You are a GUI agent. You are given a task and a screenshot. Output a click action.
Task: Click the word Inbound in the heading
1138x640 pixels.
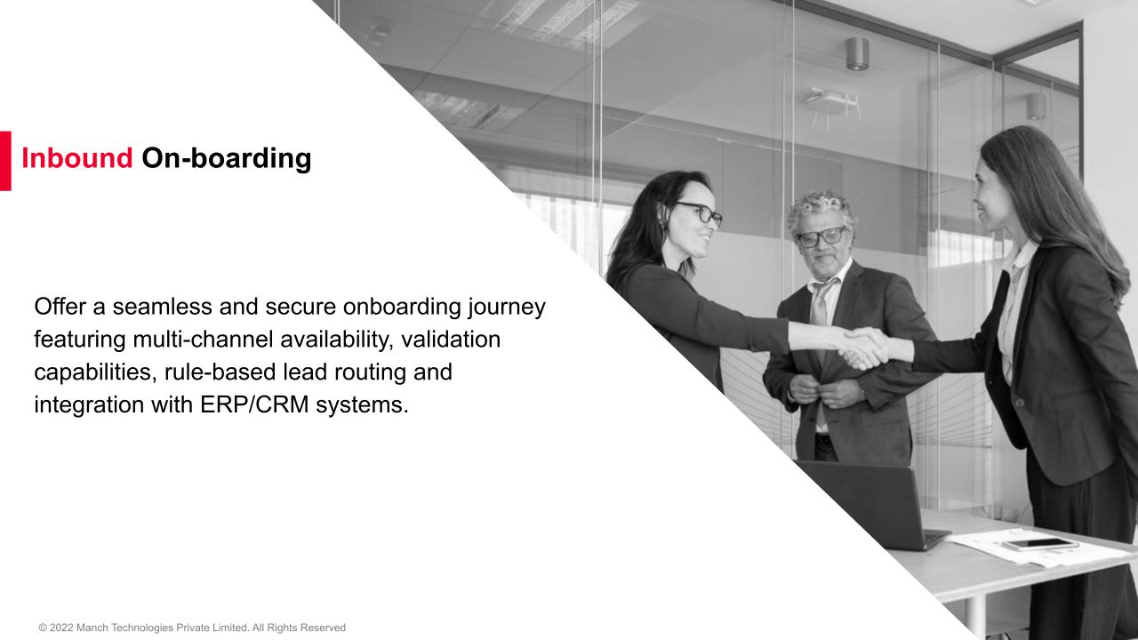(x=76, y=159)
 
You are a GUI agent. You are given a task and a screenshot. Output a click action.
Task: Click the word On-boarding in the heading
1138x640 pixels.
(x=227, y=159)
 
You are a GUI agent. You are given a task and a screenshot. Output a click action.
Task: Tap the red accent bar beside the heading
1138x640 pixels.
(x=5, y=161)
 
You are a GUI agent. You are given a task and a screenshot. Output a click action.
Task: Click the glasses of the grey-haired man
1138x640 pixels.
(x=820, y=236)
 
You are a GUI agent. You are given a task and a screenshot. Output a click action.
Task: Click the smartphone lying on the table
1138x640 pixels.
(x=1039, y=544)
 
